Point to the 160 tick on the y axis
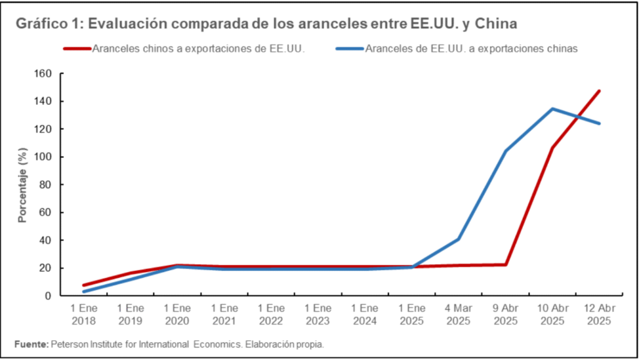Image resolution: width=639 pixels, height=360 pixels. click(x=42, y=74)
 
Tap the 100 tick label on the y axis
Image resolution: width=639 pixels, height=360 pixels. click(x=42, y=157)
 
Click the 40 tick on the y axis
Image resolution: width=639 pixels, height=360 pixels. click(x=45, y=240)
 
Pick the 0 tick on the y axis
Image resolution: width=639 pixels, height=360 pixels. click(x=47, y=296)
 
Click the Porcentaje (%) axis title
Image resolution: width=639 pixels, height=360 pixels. click(x=22, y=185)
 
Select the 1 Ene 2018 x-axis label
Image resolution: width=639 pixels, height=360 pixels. click(x=84, y=314)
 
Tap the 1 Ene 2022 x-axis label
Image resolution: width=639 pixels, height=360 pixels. click(x=271, y=314)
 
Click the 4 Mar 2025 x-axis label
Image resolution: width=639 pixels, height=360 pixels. click(x=459, y=314)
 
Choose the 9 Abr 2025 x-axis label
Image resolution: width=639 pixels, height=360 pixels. click(x=505, y=314)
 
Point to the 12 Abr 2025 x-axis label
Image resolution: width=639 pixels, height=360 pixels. click(x=599, y=314)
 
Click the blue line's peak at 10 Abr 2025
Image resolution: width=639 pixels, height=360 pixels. click(x=552, y=109)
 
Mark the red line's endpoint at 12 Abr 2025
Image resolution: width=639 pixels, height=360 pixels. click(x=599, y=91)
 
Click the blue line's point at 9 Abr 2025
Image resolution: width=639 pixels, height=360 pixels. click(x=505, y=151)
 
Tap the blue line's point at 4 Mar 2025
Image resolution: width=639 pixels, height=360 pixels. click(x=459, y=239)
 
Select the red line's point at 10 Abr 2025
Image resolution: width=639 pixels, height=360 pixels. click(x=552, y=148)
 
